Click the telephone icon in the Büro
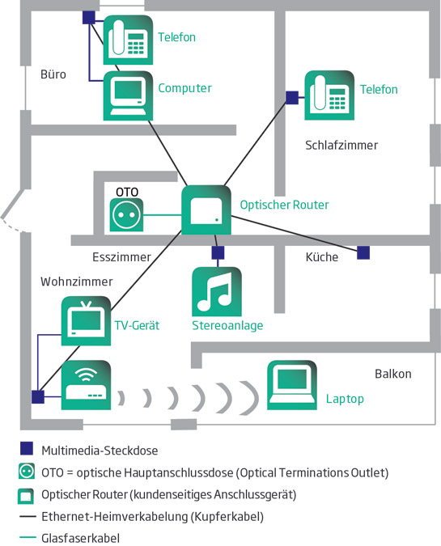click(x=128, y=40)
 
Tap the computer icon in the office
click(x=128, y=95)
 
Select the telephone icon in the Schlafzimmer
click(x=329, y=95)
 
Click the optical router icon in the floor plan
click(x=206, y=210)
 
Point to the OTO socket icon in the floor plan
click(x=126, y=215)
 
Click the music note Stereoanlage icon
click(x=217, y=291)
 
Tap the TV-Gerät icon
click(x=86, y=320)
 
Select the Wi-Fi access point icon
click(x=86, y=385)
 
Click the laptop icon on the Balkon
click(x=292, y=385)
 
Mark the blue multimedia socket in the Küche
click(x=363, y=252)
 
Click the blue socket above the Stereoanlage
click(x=218, y=252)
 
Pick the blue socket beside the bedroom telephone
click(x=292, y=98)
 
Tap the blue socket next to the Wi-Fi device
click(x=38, y=397)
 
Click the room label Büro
click(x=53, y=74)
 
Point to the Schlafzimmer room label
click(x=341, y=146)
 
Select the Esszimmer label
click(x=121, y=257)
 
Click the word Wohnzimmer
click(x=77, y=281)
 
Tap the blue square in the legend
click(x=27, y=448)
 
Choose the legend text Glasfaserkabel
click(x=80, y=538)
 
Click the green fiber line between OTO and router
click(x=163, y=215)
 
